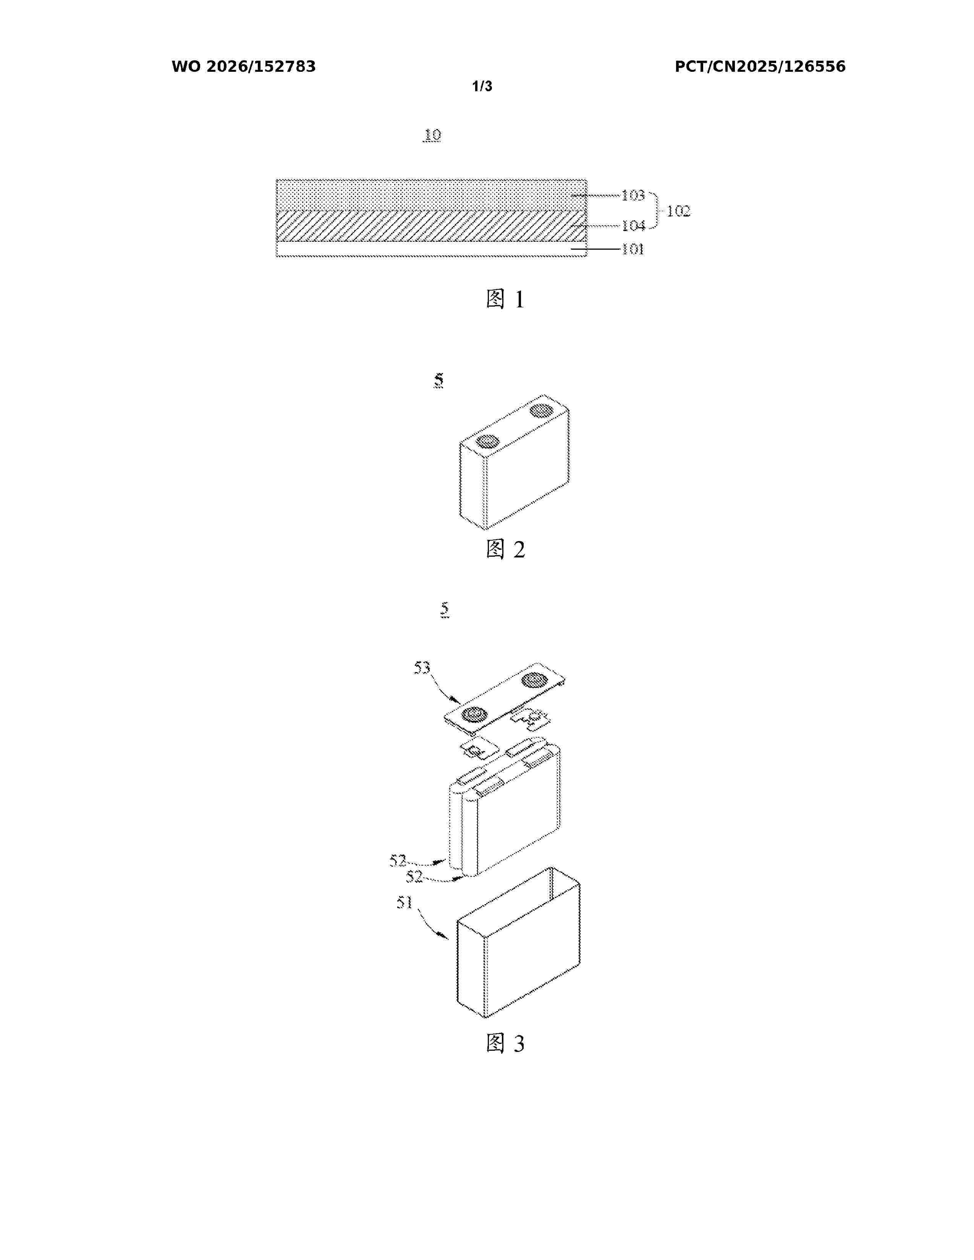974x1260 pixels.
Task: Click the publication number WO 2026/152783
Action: pyautogui.click(x=244, y=67)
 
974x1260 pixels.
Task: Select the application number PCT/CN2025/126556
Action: pyautogui.click(x=760, y=67)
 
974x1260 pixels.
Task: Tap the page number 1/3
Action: pyautogui.click(x=482, y=87)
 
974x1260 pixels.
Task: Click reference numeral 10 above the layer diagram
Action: pyautogui.click(x=432, y=135)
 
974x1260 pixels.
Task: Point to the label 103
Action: pyautogui.click(x=633, y=195)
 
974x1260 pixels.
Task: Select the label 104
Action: pyautogui.click(x=633, y=226)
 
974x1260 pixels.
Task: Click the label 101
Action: pyautogui.click(x=633, y=249)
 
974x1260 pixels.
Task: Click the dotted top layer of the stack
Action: pyautogui.click(x=432, y=195)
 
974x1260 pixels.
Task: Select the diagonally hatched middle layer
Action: pyautogui.click(x=432, y=226)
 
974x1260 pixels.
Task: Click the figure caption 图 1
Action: pyautogui.click(x=505, y=299)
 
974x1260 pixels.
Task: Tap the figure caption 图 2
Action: pyautogui.click(x=505, y=549)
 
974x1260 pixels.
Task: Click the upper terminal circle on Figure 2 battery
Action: pyautogui.click(x=541, y=411)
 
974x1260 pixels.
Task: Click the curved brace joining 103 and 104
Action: pyautogui.click(x=656, y=211)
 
